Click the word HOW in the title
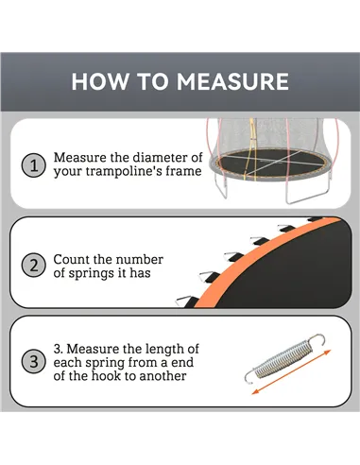(97, 81)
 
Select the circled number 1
(33, 165)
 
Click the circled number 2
(33, 266)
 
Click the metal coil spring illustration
(284, 364)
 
